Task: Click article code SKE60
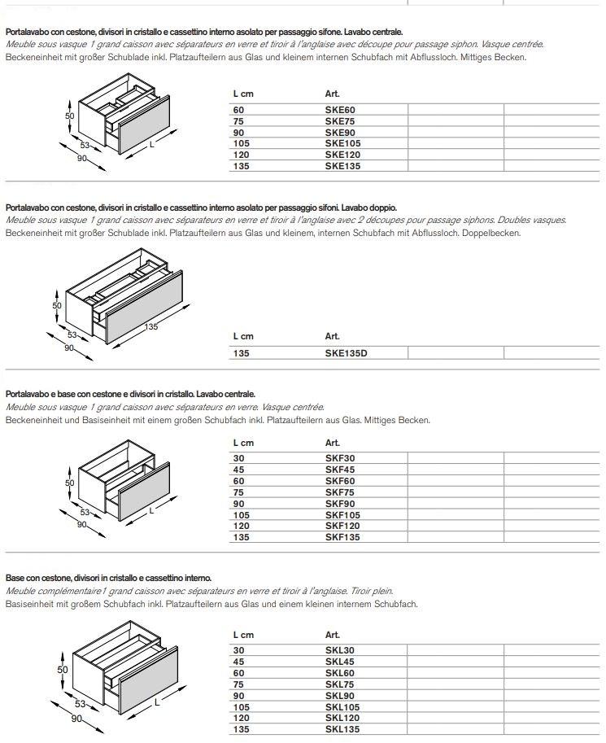(x=340, y=109)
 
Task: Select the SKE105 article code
(x=342, y=143)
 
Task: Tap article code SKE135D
(x=351, y=353)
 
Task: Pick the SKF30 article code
(x=340, y=458)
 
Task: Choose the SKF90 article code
(x=340, y=504)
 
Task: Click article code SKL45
(x=340, y=662)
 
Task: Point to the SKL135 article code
(x=342, y=730)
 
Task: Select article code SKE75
(x=340, y=120)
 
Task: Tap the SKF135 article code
(x=342, y=537)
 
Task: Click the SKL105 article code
(x=342, y=707)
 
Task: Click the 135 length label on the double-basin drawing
(x=151, y=326)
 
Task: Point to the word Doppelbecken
(x=490, y=233)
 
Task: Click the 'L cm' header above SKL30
(x=243, y=635)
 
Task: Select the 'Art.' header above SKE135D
(x=332, y=336)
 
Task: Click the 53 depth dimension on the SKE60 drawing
(x=84, y=145)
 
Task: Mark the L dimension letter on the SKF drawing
(x=151, y=511)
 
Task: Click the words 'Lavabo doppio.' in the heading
(x=370, y=208)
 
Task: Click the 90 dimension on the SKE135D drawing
(x=69, y=347)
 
